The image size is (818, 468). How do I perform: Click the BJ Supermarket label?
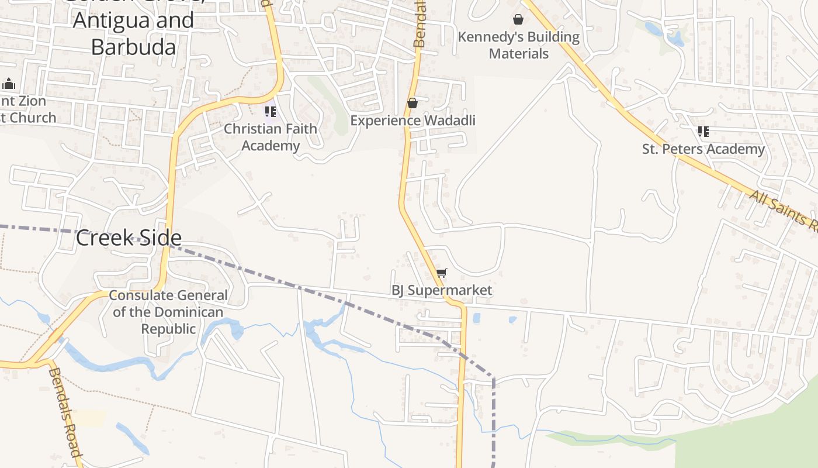441,290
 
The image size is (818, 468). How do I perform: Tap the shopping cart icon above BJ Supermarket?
442,273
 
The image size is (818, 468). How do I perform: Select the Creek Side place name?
129,238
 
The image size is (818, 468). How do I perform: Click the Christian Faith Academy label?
271,137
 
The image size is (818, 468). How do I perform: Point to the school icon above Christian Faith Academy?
270,111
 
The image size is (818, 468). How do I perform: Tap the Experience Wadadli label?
413,121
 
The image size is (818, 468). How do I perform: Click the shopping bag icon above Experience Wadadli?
413,104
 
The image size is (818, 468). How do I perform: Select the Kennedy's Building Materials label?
518,45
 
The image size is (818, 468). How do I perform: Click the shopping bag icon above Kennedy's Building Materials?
518,19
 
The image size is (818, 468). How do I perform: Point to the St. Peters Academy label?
703,149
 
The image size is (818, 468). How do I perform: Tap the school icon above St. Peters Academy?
703,132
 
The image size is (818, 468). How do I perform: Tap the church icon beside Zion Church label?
9,84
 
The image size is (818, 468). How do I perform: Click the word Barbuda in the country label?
133,47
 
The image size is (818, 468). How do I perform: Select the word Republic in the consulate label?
168,329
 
